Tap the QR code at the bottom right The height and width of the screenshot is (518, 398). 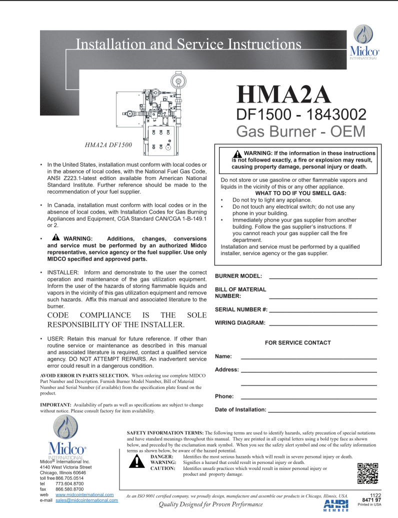(x=367, y=473)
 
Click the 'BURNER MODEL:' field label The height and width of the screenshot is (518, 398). (x=238, y=276)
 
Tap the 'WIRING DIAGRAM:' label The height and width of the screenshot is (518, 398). (x=240, y=323)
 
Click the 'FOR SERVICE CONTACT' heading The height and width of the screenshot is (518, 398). (x=297, y=342)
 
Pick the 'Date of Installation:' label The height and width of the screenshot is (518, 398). (x=240, y=409)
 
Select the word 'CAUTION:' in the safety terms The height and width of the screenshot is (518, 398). (x=162, y=468)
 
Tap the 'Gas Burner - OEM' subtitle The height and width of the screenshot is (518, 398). (x=300, y=131)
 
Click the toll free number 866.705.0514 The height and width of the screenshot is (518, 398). (x=69, y=478)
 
